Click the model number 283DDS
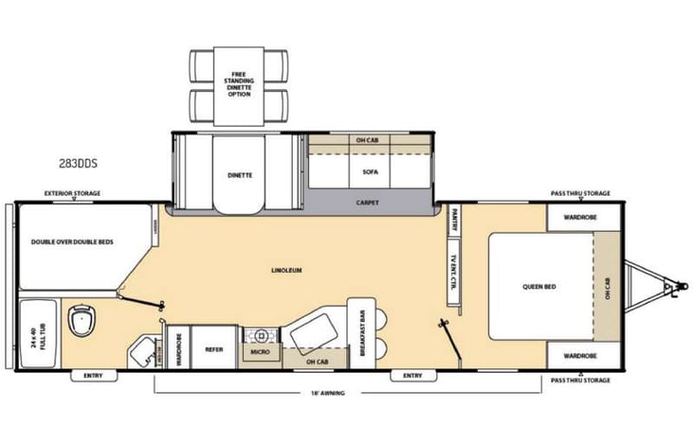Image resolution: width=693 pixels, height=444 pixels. click(x=78, y=162)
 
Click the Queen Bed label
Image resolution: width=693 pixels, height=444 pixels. click(x=538, y=287)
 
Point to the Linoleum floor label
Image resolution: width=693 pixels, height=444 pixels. click(x=285, y=270)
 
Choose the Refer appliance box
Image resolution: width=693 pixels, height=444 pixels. click(x=214, y=348)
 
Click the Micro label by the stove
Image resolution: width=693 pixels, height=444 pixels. click(x=259, y=352)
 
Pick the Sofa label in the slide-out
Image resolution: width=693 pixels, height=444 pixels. click(x=369, y=172)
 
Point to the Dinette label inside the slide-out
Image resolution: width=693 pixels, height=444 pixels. click(x=239, y=174)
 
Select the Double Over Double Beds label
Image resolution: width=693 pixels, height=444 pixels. click(x=72, y=241)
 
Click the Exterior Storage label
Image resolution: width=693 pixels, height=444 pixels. click(x=72, y=193)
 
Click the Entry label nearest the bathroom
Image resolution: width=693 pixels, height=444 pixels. click(x=92, y=376)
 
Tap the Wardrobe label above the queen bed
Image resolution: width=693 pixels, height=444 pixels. click(x=579, y=217)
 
